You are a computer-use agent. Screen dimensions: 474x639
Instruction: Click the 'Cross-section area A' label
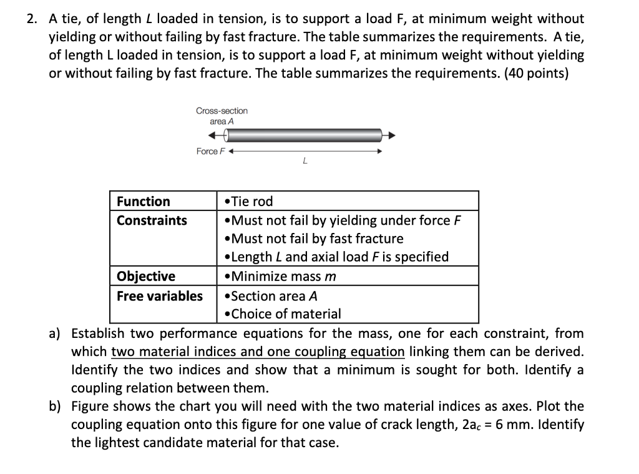222,116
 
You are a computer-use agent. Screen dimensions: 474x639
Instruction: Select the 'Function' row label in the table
144,201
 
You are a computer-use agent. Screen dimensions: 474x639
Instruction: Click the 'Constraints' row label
152,220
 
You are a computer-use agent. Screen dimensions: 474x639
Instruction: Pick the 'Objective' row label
146,276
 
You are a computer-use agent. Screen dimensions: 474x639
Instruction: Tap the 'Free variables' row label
160,295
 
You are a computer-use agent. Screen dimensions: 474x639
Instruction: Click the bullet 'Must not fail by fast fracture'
313,239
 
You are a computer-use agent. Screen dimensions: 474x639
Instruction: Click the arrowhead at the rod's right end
391,135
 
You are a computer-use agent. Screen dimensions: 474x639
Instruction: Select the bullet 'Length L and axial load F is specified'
336,257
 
